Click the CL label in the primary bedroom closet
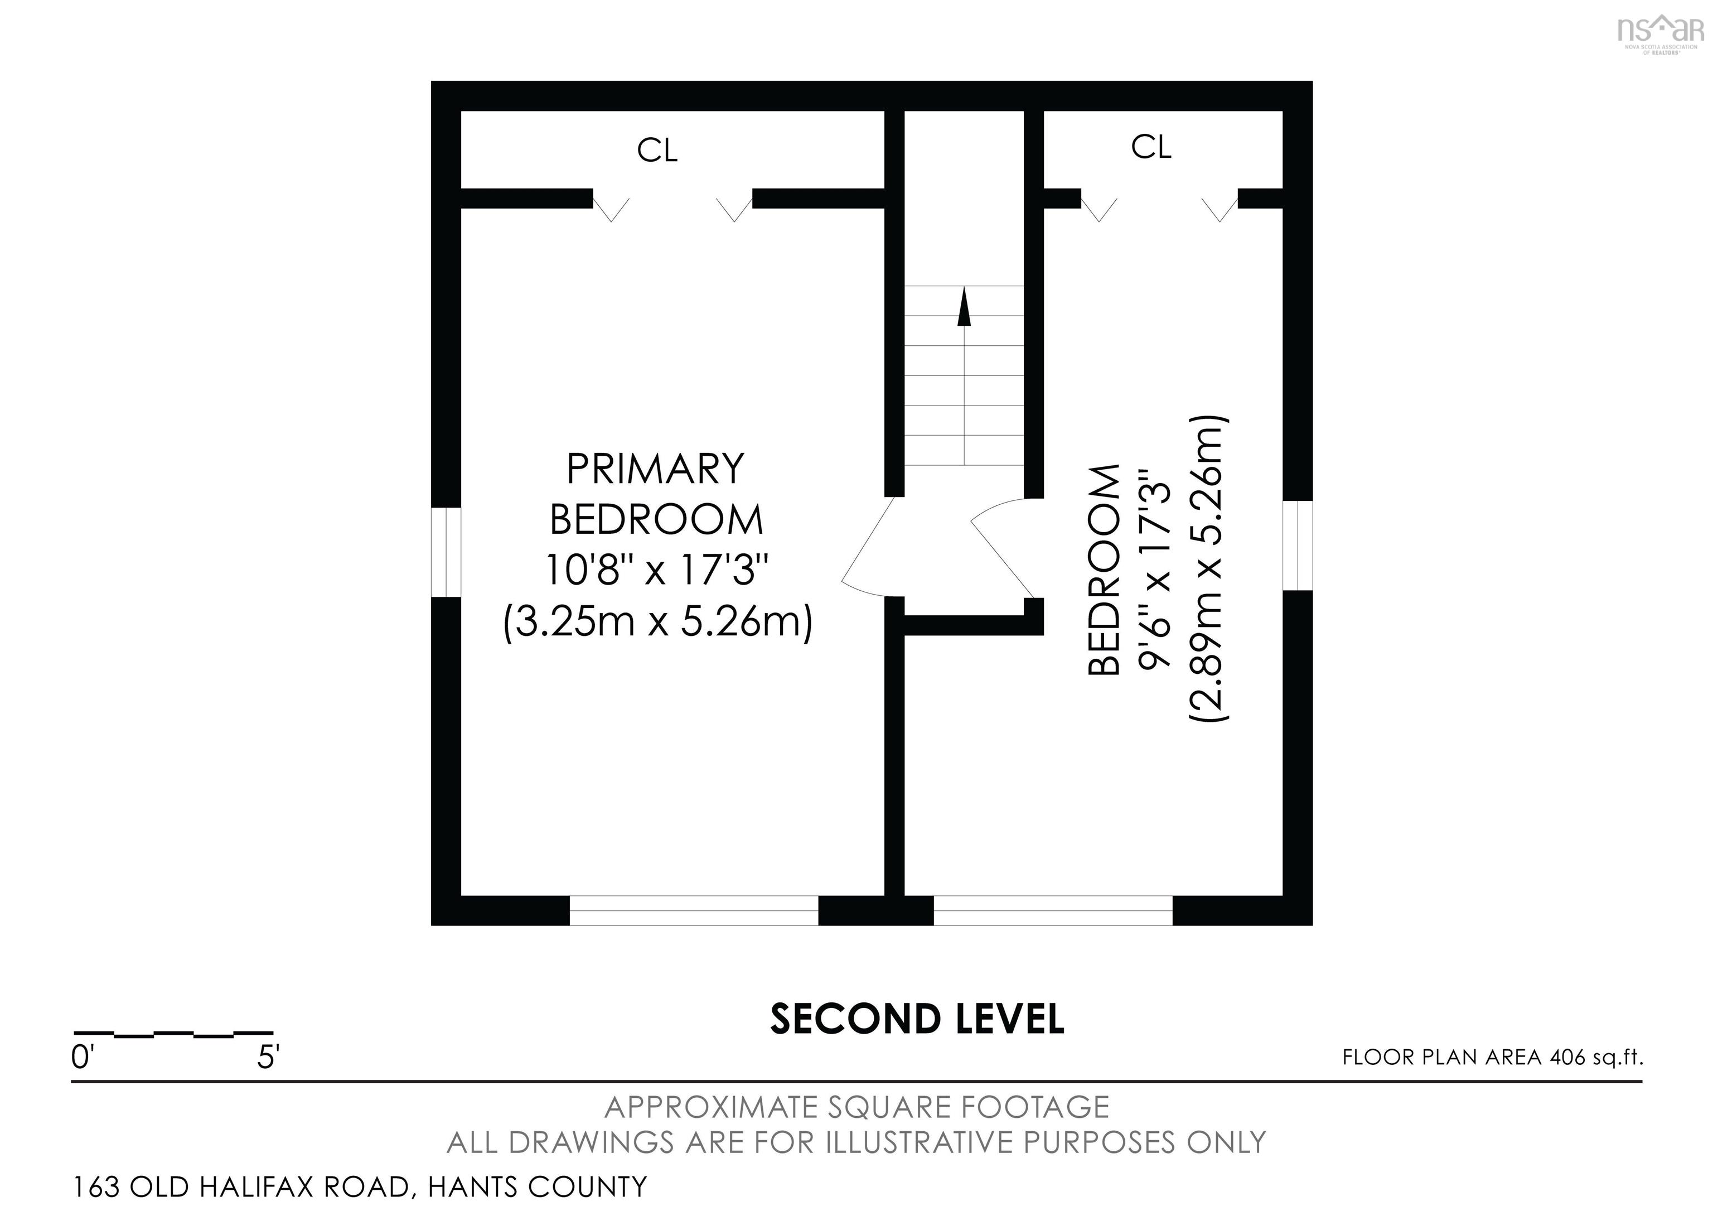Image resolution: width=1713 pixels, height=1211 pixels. (657, 150)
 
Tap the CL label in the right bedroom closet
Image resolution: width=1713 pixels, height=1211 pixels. (1151, 147)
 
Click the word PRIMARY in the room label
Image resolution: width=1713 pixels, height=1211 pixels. (656, 469)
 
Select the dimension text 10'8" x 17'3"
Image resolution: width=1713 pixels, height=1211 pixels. (656, 570)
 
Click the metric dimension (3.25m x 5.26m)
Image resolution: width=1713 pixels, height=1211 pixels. (657, 621)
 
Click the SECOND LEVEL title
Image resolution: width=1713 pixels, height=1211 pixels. (917, 1019)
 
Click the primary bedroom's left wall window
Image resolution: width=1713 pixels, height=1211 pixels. (446, 552)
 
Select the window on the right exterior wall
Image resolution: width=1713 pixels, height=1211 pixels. (1298, 546)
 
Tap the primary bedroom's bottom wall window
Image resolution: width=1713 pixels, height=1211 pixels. (694, 910)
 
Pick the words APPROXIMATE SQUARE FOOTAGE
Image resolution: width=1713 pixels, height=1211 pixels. (856, 1107)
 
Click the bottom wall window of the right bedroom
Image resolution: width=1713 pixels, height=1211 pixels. (1053, 910)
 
